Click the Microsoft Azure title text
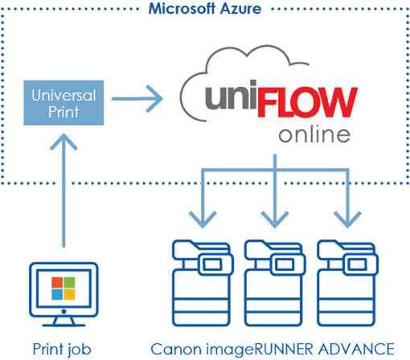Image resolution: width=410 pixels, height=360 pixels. (x=205, y=9)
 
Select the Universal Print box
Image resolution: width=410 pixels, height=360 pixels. (x=64, y=103)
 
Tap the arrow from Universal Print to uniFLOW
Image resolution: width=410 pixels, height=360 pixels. (x=137, y=99)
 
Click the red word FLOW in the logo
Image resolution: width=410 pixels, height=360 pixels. (x=307, y=102)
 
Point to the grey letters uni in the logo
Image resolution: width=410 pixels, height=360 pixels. (x=231, y=94)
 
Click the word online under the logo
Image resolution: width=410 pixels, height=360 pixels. (x=314, y=135)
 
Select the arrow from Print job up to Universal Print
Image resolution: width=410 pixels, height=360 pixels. (x=64, y=190)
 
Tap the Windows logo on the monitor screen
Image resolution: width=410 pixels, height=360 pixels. (x=64, y=288)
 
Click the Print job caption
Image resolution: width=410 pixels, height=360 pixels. (x=62, y=350)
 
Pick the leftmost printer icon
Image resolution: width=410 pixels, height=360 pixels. (x=203, y=283)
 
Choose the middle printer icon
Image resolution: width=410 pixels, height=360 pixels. (x=275, y=283)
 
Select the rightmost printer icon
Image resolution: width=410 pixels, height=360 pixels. (x=347, y=283)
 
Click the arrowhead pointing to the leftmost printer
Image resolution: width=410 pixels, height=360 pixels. (x=203, y=219)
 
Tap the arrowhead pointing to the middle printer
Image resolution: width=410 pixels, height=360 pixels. (x=275, y=219)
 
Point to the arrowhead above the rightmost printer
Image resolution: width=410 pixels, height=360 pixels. (x=347, y=219)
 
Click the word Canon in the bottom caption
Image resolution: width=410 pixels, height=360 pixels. (x=176, y=349)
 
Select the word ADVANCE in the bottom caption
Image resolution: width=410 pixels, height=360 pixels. (x=356, y=349)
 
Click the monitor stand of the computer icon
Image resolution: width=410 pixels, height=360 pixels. (x=64, y=321)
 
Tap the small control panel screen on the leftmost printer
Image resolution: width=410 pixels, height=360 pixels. (x=212, y=264)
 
